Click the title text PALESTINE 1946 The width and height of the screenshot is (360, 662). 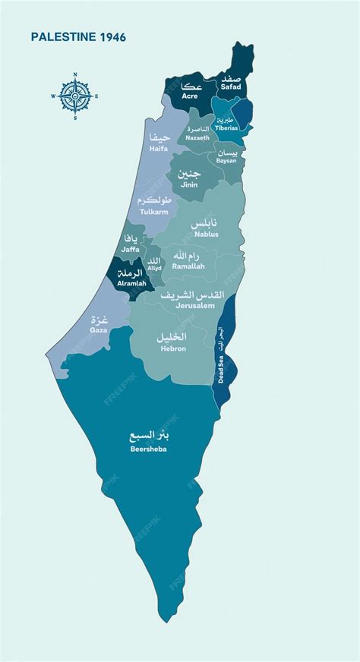pyautogui.click(x=78, y=36)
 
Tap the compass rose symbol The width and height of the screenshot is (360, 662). pyautogui.click(x=75, y=96)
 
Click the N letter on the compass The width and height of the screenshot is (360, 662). pyautogui.click(x=75, y=74)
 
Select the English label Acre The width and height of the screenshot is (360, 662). pyautogui.click(x=190, y=96)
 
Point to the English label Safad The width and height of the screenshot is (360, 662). pyautogui.click(x=230, y=88)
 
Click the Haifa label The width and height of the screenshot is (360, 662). pyautogui.click(x=159, y=149)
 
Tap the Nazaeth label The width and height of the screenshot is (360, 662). pyautogui.click(x=197, y=138)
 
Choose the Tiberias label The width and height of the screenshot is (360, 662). pyautogui.click(x=226, y=128)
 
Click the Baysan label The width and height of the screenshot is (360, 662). pyautogui.click(x=226, y=161)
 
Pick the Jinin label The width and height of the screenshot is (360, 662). pyautogui.click(x=189, y=184)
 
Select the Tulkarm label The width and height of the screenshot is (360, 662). pyautogui.click(x=154, y=212)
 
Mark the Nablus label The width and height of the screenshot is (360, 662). pyautogui.click(x=205, y=234)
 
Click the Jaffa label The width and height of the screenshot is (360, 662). pyautogui.click(x=129, y=248)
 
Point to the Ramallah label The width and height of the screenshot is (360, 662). pyautogui.click(x=188, y=266)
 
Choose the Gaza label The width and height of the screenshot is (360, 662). pyautogui.click(x=99, y=331)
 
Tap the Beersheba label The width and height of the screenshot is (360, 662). pyautogui.click(x=149, y=449)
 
